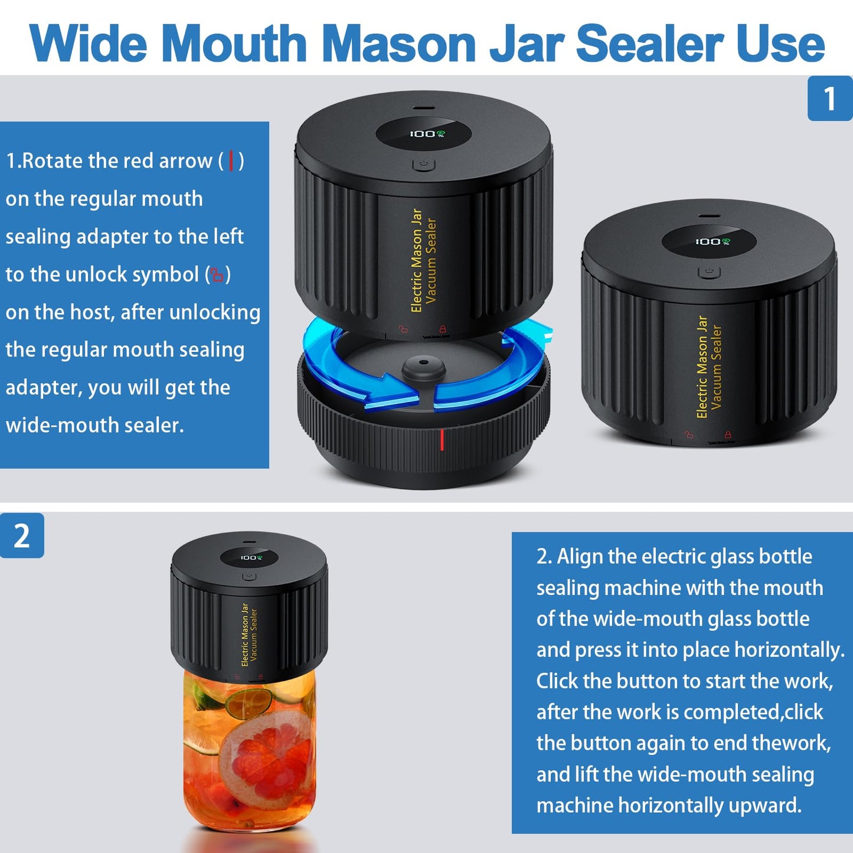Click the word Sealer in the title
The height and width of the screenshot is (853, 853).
tap(649, 44)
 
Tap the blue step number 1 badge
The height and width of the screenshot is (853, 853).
tap(829, 99)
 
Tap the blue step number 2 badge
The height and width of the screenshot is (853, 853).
tap(22, 535)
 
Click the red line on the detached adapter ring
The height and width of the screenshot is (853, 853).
tap(442, 440)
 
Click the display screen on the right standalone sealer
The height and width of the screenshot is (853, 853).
tap(709, 241)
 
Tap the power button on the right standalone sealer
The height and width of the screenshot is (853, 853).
tap(709, 272)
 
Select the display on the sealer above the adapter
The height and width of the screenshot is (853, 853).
tap(423, 134)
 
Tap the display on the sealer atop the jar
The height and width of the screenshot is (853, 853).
tap(249, 557)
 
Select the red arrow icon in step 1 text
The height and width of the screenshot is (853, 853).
tap(231, 161)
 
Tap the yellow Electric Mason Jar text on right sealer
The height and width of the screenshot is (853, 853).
tap(702, 367)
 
